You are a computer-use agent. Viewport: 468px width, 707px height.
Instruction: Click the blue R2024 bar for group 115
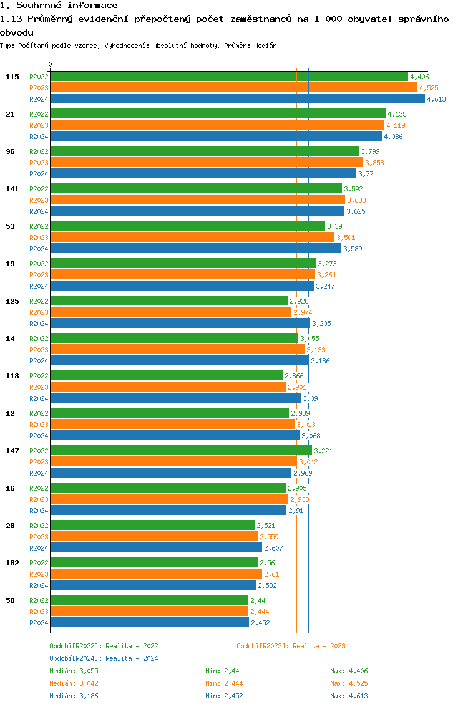click(237, 99)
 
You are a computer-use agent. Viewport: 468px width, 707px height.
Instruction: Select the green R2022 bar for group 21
click(218, 114)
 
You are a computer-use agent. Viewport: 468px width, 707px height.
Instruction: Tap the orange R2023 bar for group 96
click(207, 163)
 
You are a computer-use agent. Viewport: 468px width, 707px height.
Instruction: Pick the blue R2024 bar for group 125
click(180, 324)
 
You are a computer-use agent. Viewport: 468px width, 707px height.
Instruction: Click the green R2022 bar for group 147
click(181, 451)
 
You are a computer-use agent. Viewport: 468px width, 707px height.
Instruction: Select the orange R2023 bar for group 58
click(149, 612)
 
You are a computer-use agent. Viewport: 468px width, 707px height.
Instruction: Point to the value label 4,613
click(436, 100)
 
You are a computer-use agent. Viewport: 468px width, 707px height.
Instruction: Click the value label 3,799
click(370, 151)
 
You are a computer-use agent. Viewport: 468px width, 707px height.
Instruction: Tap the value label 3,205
click(321, 324)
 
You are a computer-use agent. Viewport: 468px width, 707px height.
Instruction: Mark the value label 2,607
click(273, 548)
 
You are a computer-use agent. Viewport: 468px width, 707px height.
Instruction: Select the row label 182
click(12, 563)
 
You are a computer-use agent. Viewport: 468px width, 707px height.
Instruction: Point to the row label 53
click(10, 226)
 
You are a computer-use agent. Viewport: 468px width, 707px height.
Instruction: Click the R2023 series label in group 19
click(39, 275)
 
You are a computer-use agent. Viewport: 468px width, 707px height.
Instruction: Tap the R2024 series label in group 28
click(39, 548)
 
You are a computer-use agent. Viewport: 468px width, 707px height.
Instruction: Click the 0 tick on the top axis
click(51, 64)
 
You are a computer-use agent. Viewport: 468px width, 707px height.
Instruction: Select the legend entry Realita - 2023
click(291, 646)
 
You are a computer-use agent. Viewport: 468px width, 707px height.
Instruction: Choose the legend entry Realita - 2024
click(104, 658)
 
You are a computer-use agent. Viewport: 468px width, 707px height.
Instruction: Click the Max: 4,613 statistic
click(349, 696)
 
